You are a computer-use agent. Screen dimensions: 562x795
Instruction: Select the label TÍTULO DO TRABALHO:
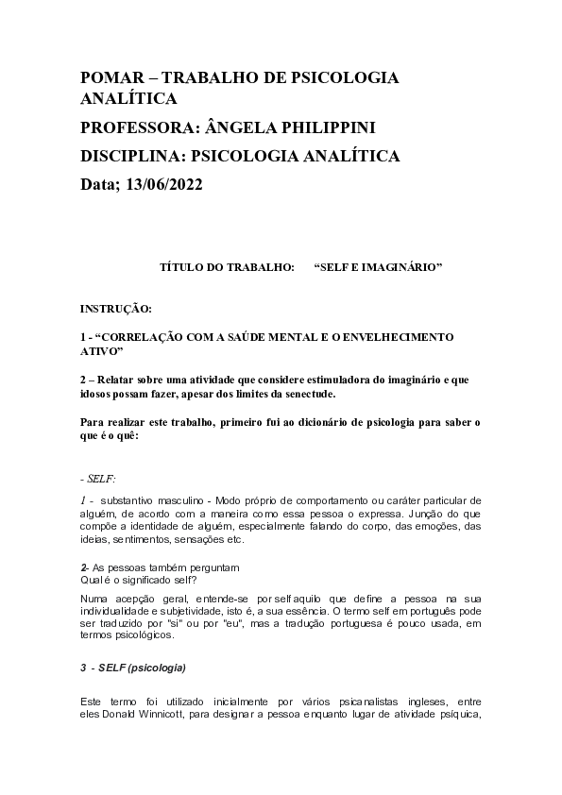coord(227,268)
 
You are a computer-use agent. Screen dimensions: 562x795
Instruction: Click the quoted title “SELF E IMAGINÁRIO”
coord(378,268)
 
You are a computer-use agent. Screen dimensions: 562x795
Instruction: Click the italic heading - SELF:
coord(98,480)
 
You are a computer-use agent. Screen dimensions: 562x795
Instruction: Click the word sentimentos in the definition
coord(146,540)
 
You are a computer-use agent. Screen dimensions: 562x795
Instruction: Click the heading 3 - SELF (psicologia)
coord(134,668)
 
